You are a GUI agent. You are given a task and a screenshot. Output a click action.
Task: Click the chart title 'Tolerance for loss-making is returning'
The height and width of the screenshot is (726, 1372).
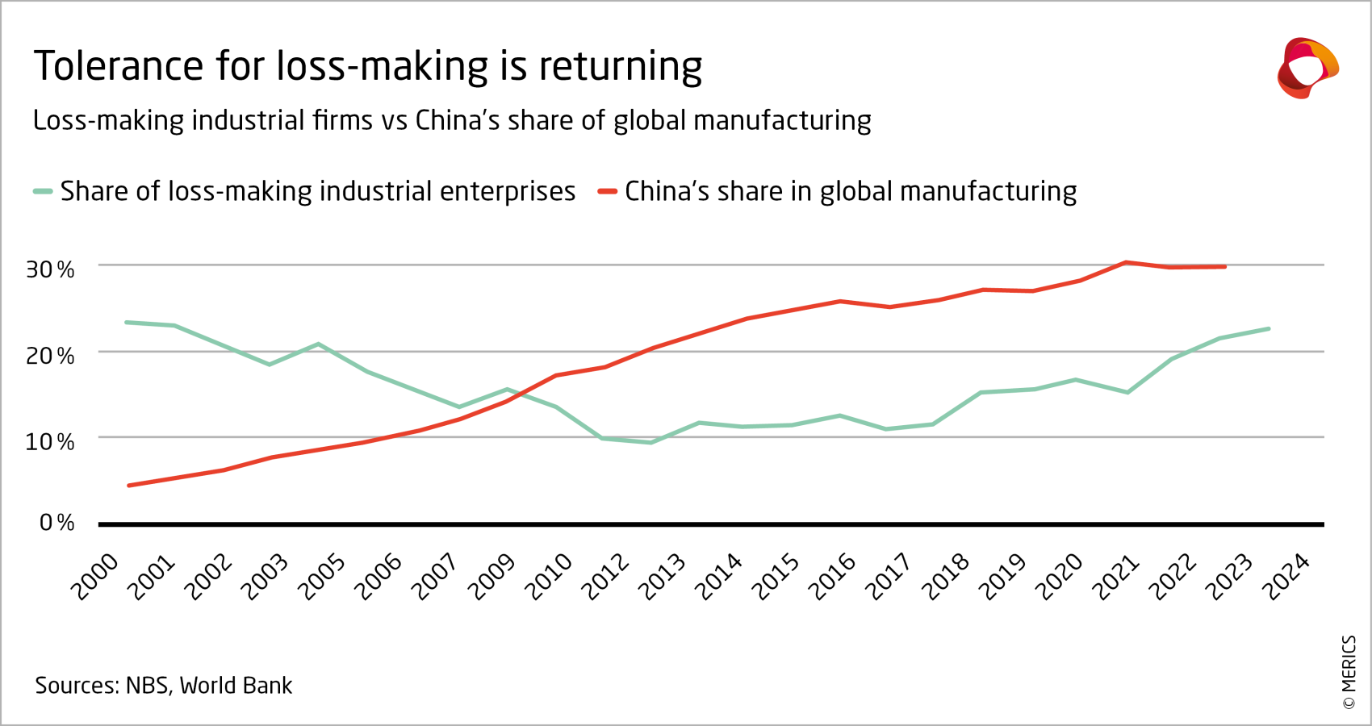tap(367, 66)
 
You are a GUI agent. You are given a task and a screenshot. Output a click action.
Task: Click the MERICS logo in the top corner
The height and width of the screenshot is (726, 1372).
tap(1307, 68)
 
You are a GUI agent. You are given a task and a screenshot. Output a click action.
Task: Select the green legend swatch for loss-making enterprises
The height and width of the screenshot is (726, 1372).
tap(43, 191)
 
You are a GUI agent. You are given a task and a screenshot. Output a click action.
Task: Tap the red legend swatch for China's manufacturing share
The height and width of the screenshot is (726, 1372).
tap(607, 191)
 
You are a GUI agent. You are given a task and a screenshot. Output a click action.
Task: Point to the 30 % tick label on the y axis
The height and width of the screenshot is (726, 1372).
tap(50, 269)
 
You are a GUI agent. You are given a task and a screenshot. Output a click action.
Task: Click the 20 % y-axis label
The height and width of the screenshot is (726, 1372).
tap(50, 356)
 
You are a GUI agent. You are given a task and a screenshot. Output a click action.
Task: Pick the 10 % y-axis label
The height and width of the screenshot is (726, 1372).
tap(50, 442)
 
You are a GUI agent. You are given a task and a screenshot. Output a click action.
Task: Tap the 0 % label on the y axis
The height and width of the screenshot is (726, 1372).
tap(56, 523)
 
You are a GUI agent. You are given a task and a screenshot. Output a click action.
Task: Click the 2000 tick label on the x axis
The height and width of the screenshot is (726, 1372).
tap(95, 578)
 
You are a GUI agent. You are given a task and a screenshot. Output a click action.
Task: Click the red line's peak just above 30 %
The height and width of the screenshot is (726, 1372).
tap(1127, 262)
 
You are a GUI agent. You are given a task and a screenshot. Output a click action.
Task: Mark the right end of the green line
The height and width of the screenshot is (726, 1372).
tap(1269, 328)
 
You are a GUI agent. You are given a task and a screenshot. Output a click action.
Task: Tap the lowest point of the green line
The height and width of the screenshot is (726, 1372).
tap(650, 442)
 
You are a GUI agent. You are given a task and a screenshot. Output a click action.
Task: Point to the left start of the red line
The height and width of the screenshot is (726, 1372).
tap(129, 486)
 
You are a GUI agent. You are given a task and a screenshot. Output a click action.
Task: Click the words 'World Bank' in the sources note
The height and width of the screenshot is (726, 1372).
tap(236, 686)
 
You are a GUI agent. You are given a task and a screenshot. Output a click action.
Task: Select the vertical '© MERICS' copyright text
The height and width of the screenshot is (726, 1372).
tap(1349, 672)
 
